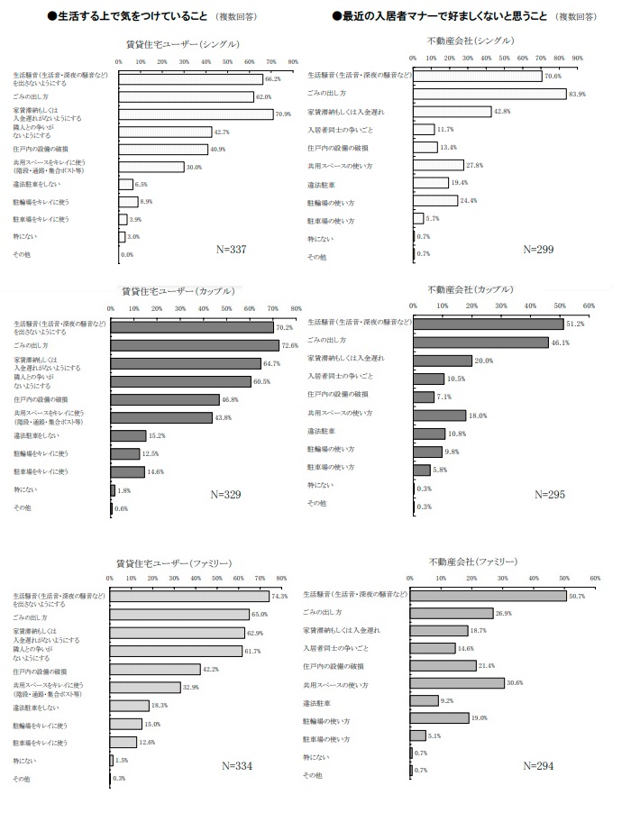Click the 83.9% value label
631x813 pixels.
578,94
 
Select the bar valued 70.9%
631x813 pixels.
196,114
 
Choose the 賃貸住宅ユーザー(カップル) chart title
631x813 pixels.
178,291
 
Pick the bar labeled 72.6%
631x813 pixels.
194,345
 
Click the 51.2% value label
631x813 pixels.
576,324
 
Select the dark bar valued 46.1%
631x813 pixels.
480,342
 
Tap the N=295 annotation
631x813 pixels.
550,494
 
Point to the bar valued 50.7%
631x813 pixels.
488,595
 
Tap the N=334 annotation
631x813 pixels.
237,766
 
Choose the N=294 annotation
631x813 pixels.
540,766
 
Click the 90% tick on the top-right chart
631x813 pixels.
577,58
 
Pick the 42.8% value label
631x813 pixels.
503,112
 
